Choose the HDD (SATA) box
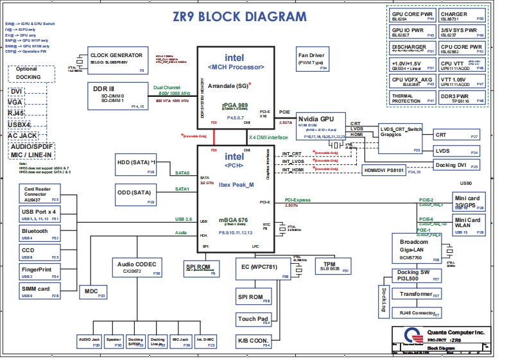click(x=136, y=166)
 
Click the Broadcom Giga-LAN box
click(x=417, y=247)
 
